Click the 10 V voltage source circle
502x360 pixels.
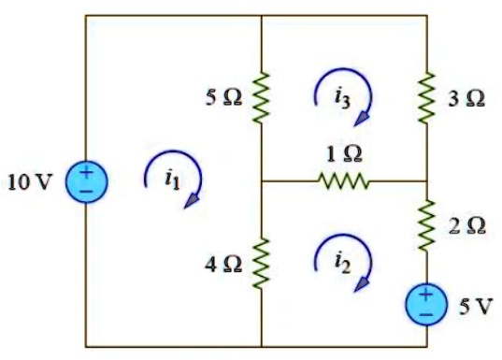(86, 181)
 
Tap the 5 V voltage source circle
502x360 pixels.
(426, 305)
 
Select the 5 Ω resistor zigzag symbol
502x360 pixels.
(261, 97)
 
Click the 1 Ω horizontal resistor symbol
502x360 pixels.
(344, 181)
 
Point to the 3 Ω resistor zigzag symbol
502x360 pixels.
(426, 97)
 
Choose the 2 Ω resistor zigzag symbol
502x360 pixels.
(426, 223)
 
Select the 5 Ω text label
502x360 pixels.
(223, 97)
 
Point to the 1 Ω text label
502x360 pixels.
(344, 153)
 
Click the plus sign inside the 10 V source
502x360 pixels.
(86, 172)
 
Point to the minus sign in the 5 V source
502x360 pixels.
(426, 315)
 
